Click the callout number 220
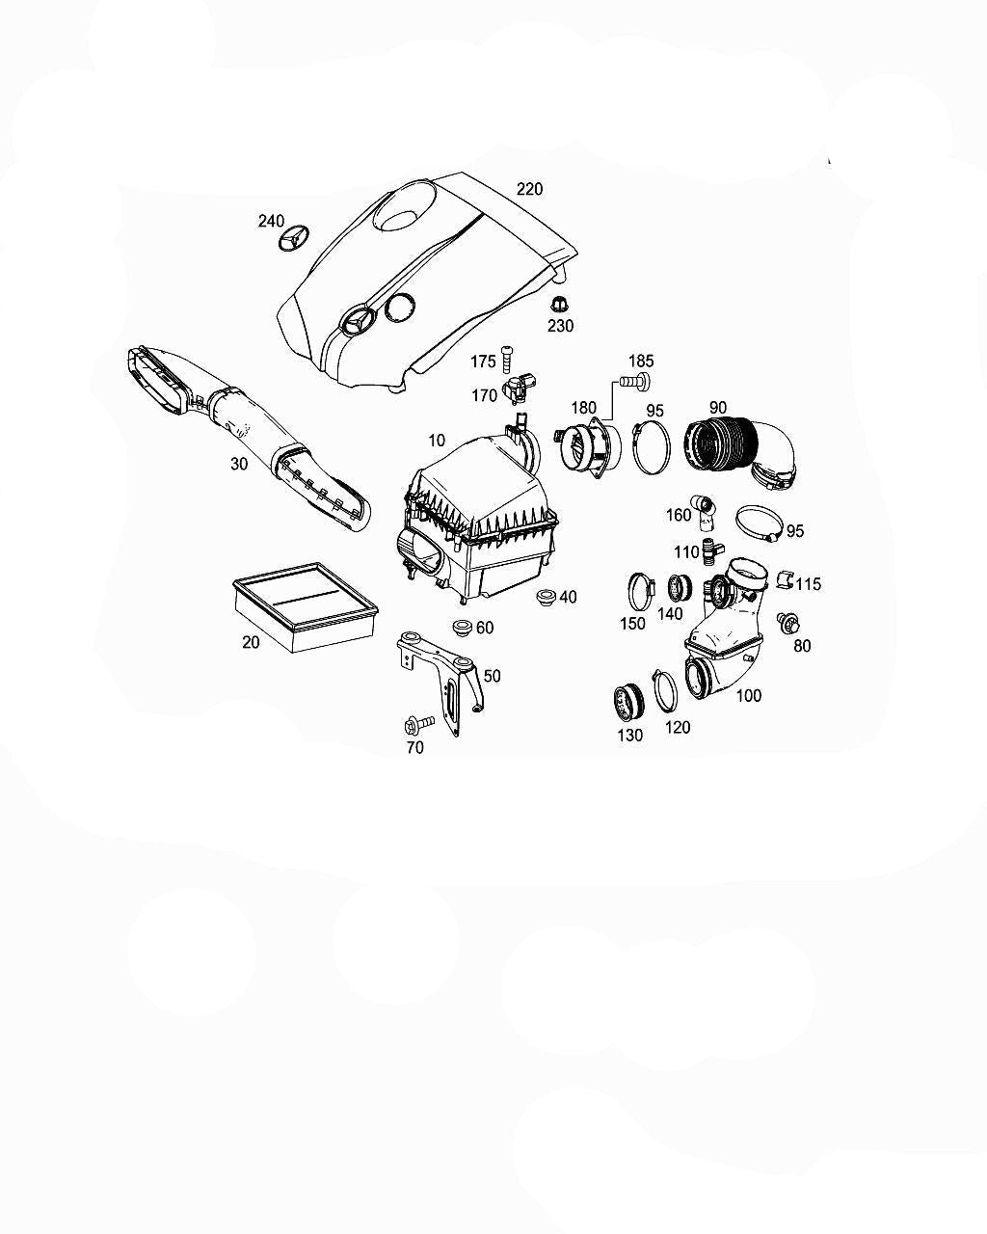coord(529,189)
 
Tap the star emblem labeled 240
coord(292,238)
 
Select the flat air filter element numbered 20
coord(306,606)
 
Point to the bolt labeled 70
coord(418,724)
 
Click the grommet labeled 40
coord(544,597)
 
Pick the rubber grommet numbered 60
coord(462,627)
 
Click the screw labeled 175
coord(507,360)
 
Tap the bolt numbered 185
coord(635,380)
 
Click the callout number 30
coord(239,464)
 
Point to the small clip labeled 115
coord(785,580)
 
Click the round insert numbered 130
coord(627,703)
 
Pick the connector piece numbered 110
coord(711,549)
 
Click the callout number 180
coord(584,408)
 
